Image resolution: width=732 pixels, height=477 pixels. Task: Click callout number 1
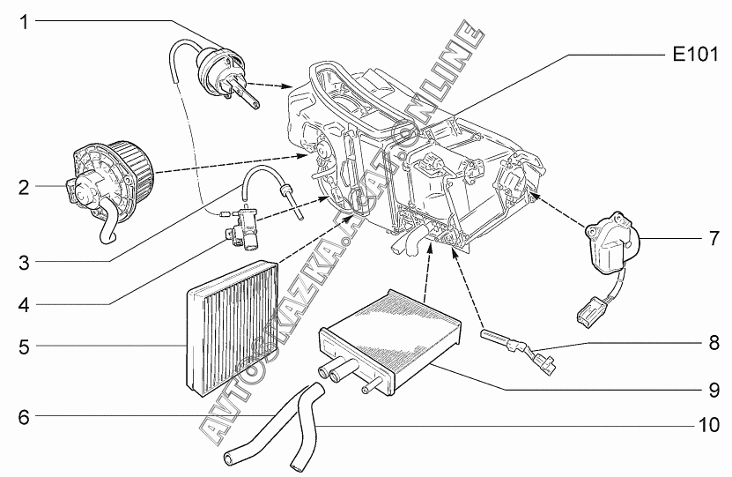tap(24, 21)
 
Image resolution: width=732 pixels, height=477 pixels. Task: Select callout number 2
tap(24, 188)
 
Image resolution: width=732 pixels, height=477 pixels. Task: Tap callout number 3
tap(24, 263)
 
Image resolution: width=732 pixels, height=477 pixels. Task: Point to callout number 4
tap(24, 305)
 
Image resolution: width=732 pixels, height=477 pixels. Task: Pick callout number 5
tap(24, 347)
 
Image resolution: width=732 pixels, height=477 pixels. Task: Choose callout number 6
tap(24, 417)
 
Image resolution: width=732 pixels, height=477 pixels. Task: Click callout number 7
tap(714, 239)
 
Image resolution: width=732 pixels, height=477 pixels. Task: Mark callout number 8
tap(714, 343)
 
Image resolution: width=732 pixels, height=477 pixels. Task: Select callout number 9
tap(714, 390)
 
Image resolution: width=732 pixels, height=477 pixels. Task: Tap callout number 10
tap(709, 425)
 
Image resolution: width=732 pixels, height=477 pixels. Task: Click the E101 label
tap(695, 55)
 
